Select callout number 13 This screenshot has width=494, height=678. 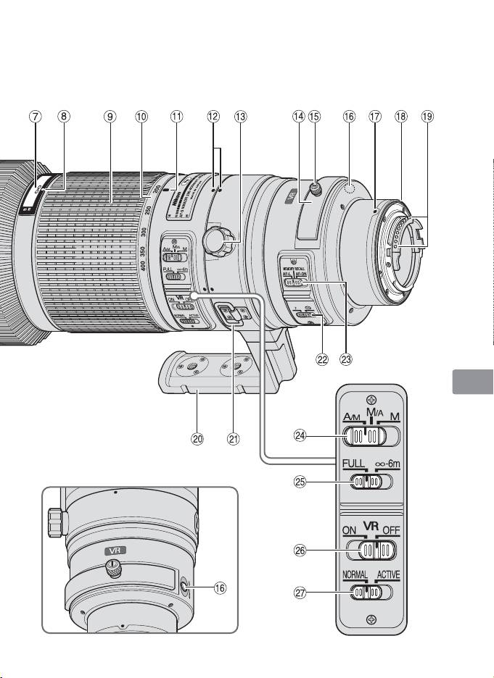pyautogui.click(x=241, y=114)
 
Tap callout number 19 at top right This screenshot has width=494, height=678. pyautogui.click(x=427, y=114)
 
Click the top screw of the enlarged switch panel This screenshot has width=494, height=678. pyautogui.click(x=371, y=398)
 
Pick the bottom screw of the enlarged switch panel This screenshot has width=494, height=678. pyautogui.click(x=371, y=618)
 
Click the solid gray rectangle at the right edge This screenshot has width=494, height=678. pyautogui.click(x=472, y=382)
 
